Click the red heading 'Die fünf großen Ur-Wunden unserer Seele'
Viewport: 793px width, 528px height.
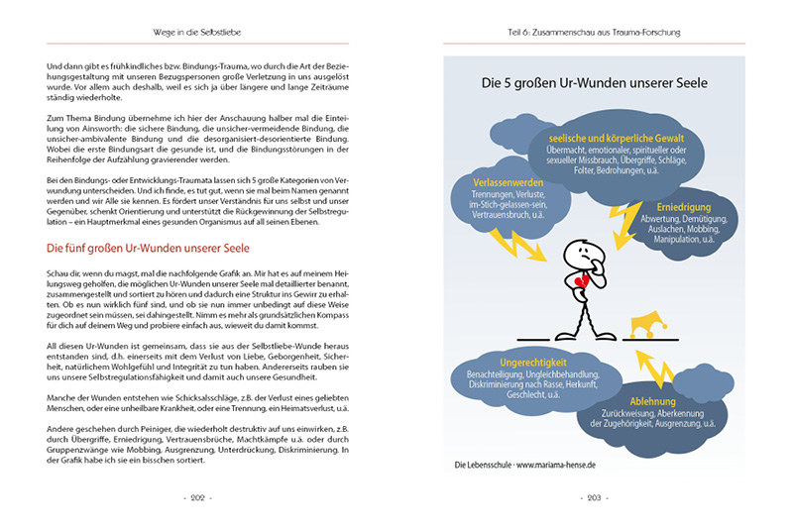click(149, 247)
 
